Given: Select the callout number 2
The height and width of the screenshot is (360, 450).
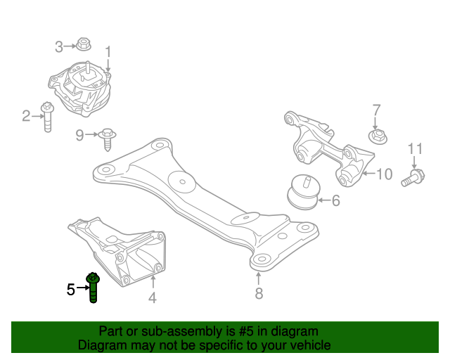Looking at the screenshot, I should tap(27, 116).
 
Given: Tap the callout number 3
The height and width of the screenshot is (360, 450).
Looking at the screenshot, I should tap(60, 47).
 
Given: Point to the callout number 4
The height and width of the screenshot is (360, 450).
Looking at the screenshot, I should tap(152, 299).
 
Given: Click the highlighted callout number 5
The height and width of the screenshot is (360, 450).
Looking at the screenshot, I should tap(70, 289).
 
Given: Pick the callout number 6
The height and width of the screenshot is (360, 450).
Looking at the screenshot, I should tap(335, 201).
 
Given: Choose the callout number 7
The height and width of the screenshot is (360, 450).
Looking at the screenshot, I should tap(376, 110).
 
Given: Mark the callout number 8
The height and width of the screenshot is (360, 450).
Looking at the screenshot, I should tap(259, 293).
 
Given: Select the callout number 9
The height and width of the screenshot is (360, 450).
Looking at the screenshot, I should tap(79, 134).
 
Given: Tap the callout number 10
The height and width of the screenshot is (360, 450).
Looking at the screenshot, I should tap(384, 174).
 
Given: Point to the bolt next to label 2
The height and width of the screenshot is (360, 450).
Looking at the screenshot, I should tap(48, 117).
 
